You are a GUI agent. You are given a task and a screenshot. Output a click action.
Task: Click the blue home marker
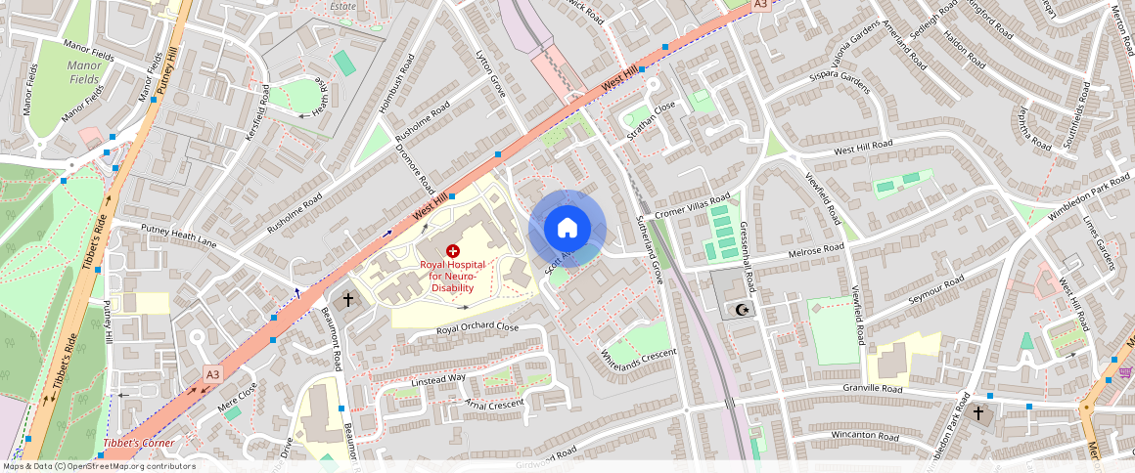[567, 229]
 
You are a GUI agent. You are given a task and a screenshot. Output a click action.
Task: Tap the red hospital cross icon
[452, 251]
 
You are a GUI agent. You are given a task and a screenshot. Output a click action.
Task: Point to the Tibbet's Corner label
[138, 444]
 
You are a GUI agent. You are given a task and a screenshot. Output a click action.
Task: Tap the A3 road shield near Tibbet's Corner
[212, 374]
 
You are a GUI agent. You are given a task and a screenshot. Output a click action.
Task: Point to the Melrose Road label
[815, 250]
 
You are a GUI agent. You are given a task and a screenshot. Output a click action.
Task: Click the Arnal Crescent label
[495, 402]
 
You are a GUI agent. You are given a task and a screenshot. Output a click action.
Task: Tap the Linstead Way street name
[438, 378]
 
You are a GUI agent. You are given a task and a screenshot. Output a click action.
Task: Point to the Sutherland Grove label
[650, 250]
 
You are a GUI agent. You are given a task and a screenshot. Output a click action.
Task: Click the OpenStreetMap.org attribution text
[117, 466]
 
